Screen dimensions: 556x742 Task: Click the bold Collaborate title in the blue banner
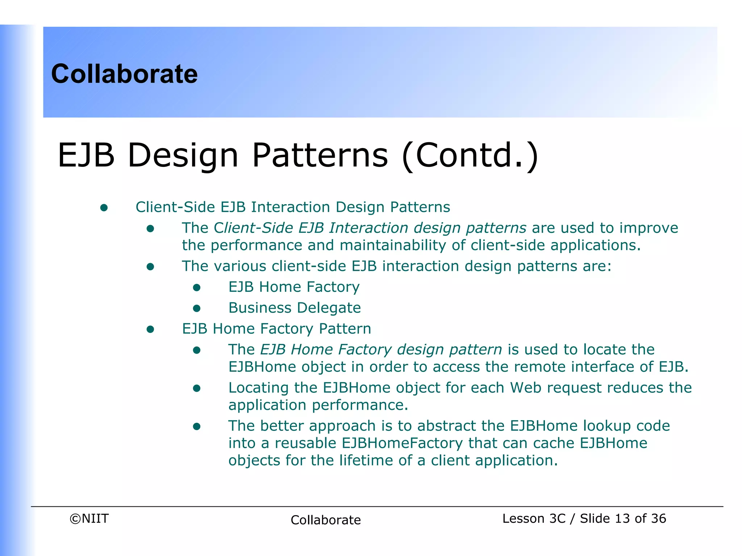click(124, 74)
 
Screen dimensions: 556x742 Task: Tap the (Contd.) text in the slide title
click(470, 156)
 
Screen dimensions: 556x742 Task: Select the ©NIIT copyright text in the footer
click(89, 518)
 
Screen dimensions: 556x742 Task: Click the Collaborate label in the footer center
click(325, 520)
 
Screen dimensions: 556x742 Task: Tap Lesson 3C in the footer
click(533, 518)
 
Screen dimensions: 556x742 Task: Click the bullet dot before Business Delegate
click(197, 308)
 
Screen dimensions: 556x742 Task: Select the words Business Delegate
click(294, 308)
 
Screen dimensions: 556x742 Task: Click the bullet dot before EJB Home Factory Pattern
click(150, 329)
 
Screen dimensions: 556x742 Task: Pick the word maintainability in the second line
click(393, 245)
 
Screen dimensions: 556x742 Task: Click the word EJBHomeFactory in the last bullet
click(402, 443)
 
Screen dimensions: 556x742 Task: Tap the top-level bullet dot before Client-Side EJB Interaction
click(104, 208)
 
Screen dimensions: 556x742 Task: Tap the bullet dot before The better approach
click(197, 427)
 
